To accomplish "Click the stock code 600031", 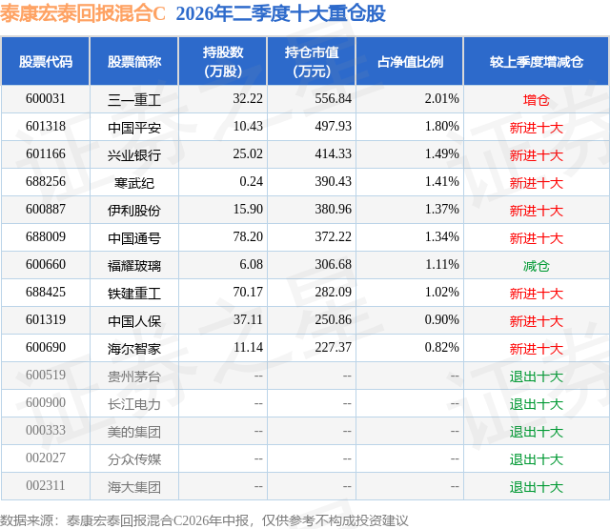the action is tap(46, 99).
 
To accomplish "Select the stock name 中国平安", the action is tap(134, 128).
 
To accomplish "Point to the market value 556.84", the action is tap(333, 99).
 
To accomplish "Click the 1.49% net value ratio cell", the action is tap(441, 154).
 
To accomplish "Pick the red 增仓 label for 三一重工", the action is tap(536, 100).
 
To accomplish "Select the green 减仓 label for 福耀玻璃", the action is tap(536, 266).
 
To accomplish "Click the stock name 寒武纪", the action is tap(134, 183).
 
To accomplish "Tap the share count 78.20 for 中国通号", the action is tap(248, 237).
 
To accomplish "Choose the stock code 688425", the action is tap(46, 292).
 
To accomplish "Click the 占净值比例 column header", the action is tap(410, 61).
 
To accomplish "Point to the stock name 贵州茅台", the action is tap(134, 376).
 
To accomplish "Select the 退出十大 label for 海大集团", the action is tap(536, 487).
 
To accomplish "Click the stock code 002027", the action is tap(46, 458).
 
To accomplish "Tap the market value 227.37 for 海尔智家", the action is tap(333, 347).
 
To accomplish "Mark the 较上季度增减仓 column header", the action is tap(536, 61).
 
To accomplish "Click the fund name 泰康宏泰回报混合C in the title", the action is tap(83, 13).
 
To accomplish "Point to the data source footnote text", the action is tap(204, 520).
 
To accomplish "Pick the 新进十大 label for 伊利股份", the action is tap(536, 211).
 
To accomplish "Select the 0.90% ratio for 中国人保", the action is tap(441, 319).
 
